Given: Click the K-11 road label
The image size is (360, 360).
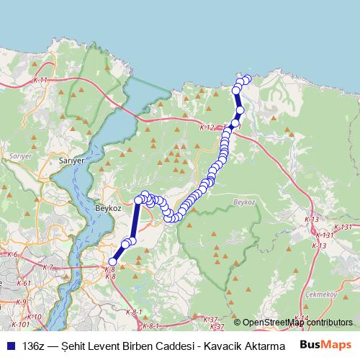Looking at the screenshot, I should [40, 81].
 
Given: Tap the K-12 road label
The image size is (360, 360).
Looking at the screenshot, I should [207, 127].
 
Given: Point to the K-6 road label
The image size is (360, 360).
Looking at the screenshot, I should [12, 254].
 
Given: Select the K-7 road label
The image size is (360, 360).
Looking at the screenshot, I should [48, 267].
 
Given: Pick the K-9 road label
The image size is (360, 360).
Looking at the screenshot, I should [21, 302].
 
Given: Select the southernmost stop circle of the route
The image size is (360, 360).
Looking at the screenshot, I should [112, 262].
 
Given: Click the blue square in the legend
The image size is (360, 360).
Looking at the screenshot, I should [10, 346].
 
